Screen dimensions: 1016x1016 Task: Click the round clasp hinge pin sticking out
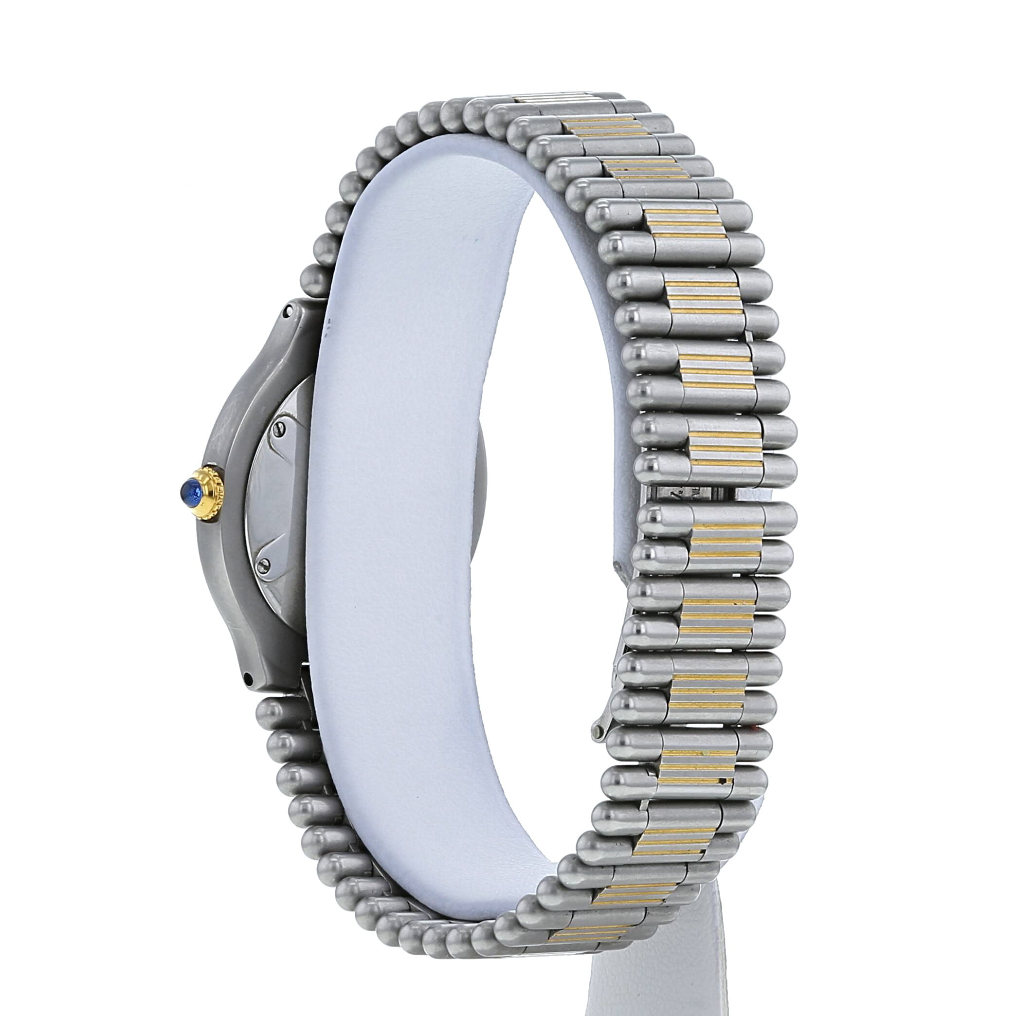point(597,734)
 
